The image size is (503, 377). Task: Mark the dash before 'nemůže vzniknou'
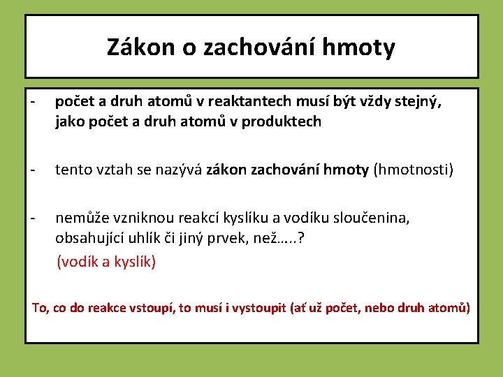coord(32,218)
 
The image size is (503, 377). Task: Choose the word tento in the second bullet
coord(73,170)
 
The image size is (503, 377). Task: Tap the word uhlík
coord(147,237)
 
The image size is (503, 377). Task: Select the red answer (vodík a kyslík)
coord(106,262)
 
